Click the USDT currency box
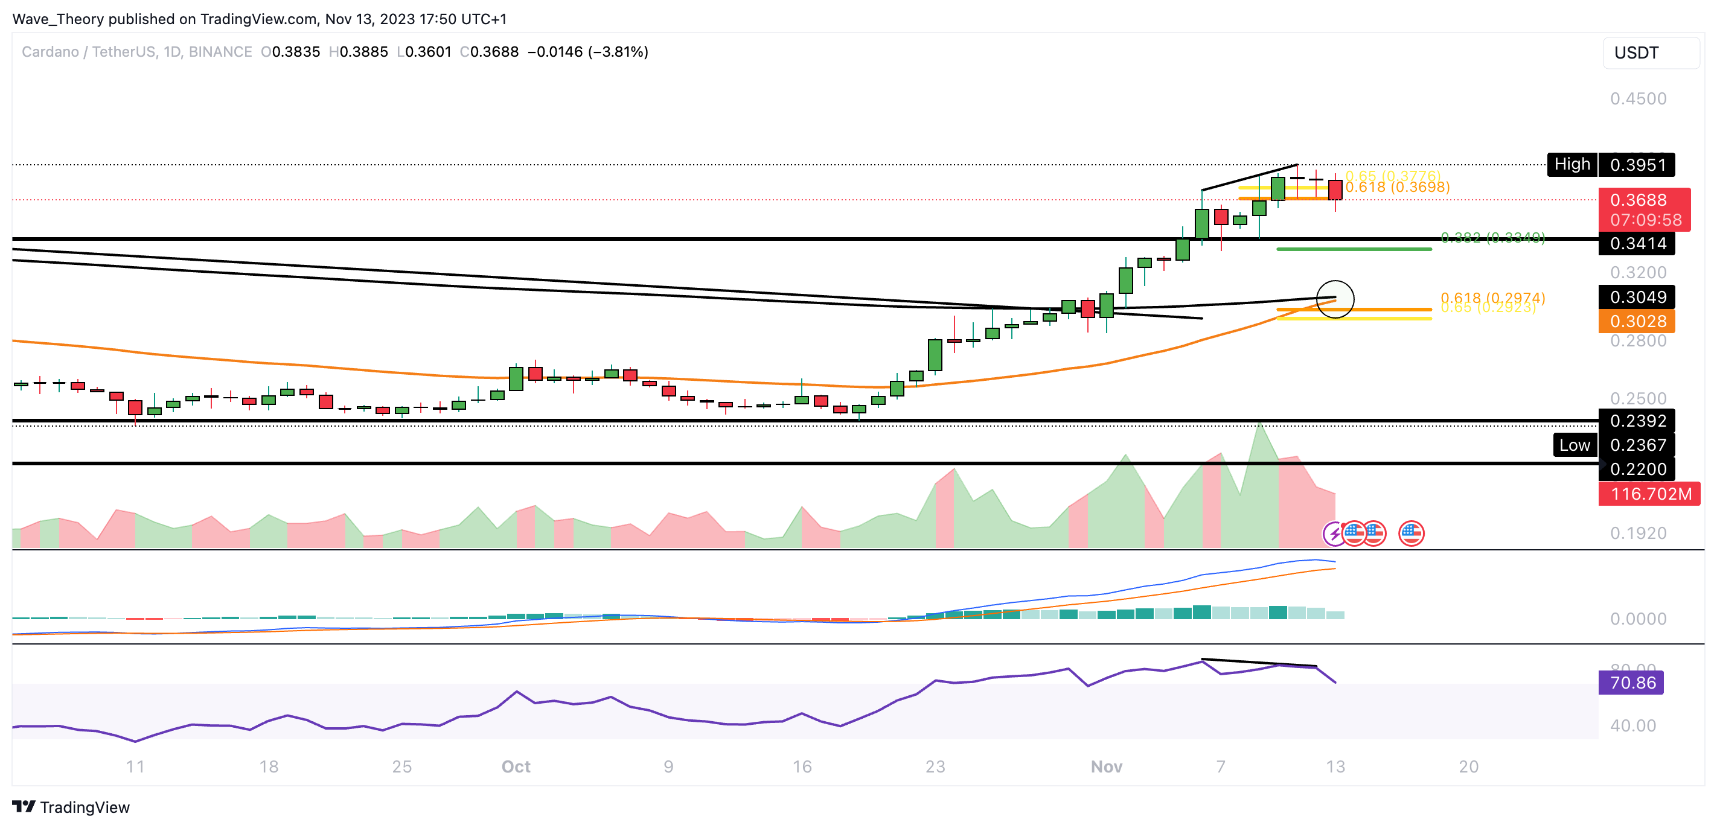[1651, 53]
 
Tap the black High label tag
[1572, 165]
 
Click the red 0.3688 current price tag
[1644, 209]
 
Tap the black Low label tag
[1575, 445]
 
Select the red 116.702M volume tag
[1649, 494]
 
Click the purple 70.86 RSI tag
[1631, 683]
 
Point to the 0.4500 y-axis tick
[1638, 98]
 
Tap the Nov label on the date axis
[1106, 766]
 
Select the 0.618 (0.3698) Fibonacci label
[1397, 187]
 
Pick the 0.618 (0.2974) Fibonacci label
[1492, 297]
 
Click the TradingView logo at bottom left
[71, 807]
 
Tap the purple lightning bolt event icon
[1334, 533]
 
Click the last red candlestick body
[1335, 190]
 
